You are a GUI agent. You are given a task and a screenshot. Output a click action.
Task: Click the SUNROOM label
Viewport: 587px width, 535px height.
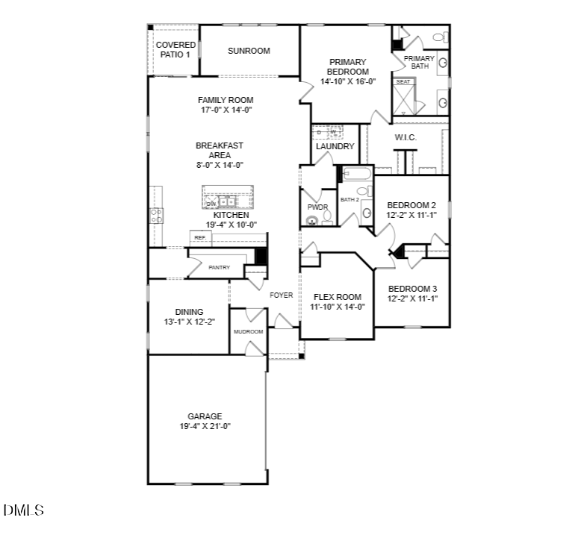tap(249, 51)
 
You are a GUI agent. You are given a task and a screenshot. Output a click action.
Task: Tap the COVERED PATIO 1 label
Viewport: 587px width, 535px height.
tap(176, 50)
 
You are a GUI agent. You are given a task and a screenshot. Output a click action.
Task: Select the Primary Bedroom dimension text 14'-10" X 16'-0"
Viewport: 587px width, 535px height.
tap(347, 82)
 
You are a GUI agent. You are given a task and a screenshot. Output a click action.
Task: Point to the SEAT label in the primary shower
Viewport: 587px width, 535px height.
tap(403, 81)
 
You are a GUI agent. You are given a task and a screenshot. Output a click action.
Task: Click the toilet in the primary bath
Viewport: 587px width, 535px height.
tap(438, 37)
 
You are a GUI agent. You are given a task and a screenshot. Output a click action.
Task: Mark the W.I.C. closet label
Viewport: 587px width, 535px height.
tap(406, 138)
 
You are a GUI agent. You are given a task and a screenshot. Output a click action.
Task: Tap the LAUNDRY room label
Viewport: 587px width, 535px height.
tap(335, 146)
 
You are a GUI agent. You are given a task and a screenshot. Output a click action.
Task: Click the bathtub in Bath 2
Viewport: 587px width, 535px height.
tap(356, 174)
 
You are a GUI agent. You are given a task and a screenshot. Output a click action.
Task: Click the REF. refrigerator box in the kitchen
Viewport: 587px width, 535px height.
tap(199, 238)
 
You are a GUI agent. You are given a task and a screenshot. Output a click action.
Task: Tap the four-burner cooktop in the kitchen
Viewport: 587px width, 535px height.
tap(157, 216)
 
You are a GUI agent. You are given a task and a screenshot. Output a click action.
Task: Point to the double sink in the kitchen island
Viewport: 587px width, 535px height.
tap(226, 201)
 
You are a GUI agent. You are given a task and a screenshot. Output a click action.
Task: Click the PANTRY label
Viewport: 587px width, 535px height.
tap(219, 267)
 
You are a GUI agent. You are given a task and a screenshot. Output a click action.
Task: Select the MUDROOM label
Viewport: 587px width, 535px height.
tap(248, 331)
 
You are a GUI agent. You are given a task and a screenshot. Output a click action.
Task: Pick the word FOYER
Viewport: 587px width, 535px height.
tap(281, 295)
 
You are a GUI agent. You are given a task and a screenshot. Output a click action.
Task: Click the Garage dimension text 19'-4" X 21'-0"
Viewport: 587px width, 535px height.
tap(205, 427)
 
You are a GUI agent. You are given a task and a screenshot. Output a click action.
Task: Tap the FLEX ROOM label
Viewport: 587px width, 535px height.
tap(337, 297)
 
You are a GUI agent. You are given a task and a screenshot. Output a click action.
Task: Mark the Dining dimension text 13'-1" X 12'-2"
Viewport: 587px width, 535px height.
tap(189, 322)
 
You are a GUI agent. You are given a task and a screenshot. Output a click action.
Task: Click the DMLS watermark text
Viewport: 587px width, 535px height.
tap(23, 511)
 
